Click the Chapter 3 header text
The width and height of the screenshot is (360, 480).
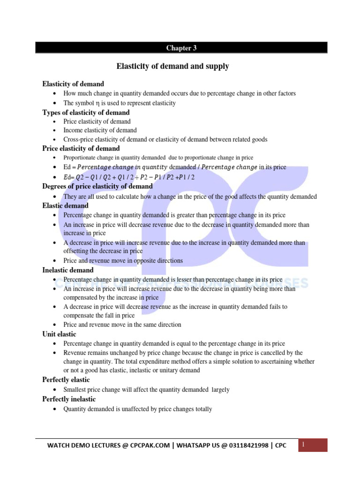[179, 48]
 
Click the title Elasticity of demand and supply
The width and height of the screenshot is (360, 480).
[172, 67]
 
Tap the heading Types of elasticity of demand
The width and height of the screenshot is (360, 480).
[86, 112]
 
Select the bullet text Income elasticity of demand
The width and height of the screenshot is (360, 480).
[100, 130]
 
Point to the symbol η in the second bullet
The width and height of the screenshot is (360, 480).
[97, 103]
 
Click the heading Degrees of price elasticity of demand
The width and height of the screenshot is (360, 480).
[97, 187]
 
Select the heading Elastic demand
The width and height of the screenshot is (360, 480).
[65, 205]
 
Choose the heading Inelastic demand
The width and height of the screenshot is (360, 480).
[68, 270]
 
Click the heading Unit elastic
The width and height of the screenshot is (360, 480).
[59, 334]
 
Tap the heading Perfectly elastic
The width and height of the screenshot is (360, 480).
[66, 380]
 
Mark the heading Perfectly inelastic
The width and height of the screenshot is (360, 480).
[69, 399]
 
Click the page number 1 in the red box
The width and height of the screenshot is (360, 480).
[303, 444]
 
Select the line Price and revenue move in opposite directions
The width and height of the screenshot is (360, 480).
[123, 261]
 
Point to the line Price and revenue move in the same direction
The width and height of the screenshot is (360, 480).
[122, 325]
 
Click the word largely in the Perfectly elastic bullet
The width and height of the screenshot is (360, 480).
[220, 390]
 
